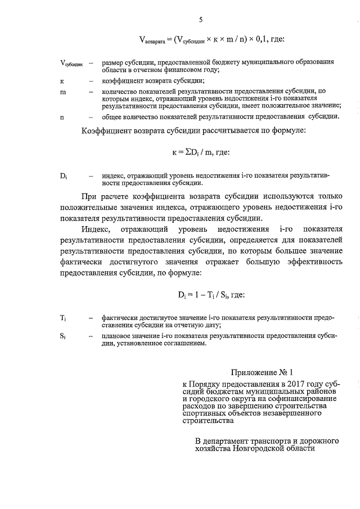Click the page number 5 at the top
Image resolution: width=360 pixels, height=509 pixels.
click(200, 21)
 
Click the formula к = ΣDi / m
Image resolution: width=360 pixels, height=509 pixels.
click(200, 153)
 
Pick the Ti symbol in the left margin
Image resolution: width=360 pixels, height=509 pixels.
click(64, 318)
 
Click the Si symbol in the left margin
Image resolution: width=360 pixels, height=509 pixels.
click(64, 336)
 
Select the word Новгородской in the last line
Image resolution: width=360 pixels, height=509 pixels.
click(268, 449)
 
